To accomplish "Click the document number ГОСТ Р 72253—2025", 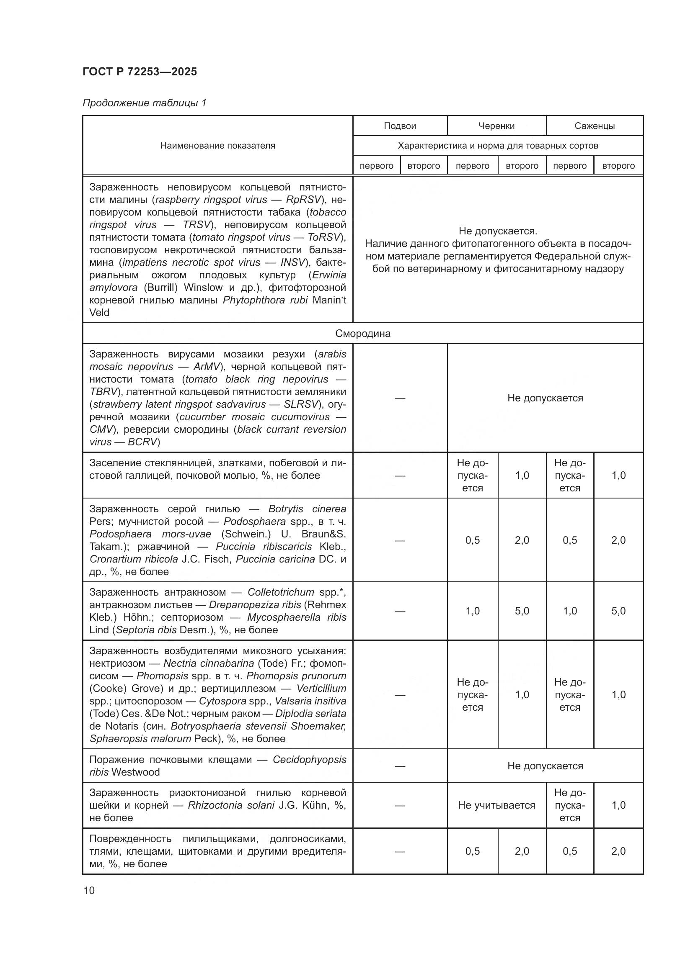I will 140,72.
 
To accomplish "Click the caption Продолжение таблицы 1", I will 144,103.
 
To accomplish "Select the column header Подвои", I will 399,126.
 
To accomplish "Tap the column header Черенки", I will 496,126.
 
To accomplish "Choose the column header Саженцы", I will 594,126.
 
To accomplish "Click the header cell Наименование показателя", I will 217,145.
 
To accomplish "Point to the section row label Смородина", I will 362,334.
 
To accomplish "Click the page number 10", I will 89,890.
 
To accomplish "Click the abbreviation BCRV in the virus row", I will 142,442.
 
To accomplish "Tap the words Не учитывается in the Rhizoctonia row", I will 496,805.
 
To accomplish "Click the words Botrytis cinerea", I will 307,509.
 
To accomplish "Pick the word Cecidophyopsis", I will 309,759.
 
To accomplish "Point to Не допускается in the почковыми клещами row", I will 545,766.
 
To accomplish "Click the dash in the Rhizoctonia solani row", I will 399,805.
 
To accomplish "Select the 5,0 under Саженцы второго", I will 618,611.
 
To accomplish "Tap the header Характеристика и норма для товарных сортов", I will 498,145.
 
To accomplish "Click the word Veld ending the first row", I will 99,313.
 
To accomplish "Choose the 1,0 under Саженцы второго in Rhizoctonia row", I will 618,805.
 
